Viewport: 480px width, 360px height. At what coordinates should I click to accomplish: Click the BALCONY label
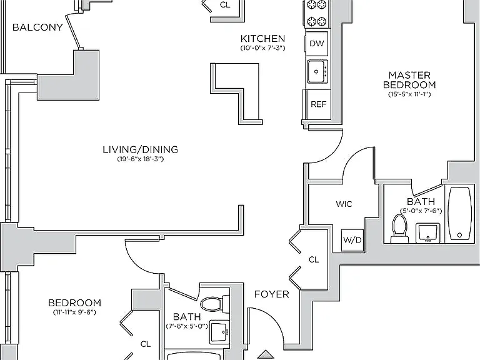pos(37,27)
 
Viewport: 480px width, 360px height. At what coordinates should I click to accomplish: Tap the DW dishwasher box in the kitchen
pos(317,43)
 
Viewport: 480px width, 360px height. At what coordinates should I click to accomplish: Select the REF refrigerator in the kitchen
pos(318,104)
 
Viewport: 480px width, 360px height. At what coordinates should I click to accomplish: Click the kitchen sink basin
pos(316,71)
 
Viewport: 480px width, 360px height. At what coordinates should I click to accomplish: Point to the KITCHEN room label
pos(262,39)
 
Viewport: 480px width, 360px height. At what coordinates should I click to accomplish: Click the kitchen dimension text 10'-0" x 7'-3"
pos(262,48)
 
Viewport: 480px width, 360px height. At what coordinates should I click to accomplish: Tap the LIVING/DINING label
pos(141,150)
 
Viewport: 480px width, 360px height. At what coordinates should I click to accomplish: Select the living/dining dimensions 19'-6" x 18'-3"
pos(141,159)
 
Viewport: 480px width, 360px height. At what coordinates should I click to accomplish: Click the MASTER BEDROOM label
pos(409,80)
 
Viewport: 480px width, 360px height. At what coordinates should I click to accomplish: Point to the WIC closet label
pos(344,204)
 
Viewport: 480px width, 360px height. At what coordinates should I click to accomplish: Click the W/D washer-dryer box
pos(352,240)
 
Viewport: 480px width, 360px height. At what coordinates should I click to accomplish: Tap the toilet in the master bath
pos(399,229)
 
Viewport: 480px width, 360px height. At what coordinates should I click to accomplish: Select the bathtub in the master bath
pos(459,213)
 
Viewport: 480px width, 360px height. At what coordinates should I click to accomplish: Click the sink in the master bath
pos(427,233)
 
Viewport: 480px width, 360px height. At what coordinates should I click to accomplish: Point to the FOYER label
pos(271,294)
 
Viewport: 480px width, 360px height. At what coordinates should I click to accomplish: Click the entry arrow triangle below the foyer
pos(266,354)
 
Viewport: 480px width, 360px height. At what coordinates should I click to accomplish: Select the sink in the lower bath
pos(219,332)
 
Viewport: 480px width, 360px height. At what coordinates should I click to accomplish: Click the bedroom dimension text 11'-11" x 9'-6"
pos(74,312)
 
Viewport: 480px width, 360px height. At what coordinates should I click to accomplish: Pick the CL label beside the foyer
pos(314,259)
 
